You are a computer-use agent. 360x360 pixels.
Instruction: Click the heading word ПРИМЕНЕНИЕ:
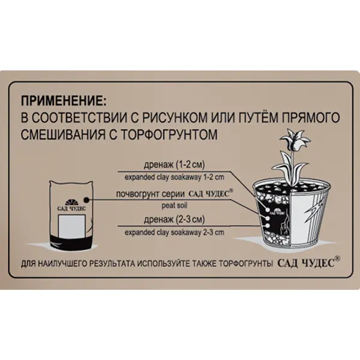click(64, 101)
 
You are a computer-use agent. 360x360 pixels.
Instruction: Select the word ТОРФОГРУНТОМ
click(169, 134)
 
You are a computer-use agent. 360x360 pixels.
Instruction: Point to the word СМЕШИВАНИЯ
click(62, 134)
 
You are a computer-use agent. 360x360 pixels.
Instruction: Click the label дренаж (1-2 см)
click(174, 165)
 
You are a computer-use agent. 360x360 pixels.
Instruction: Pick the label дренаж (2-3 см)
click(174, 220)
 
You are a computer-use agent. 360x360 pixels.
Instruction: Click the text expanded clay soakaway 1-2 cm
click(174, 178)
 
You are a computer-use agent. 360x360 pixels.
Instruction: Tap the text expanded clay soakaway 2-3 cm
click(174, 232)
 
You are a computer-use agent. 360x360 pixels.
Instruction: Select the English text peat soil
click(174, 205)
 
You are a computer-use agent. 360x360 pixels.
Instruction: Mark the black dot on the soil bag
click(86, 200)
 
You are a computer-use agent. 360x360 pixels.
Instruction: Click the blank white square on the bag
click(72, 226)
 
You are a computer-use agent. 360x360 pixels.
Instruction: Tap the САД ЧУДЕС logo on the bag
click(71, 205)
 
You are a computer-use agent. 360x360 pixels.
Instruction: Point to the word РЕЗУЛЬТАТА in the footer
click(112, 264)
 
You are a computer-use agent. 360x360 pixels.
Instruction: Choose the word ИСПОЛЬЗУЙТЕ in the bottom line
click(163, 264)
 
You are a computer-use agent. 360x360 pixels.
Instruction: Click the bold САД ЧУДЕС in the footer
click(306, 263)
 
